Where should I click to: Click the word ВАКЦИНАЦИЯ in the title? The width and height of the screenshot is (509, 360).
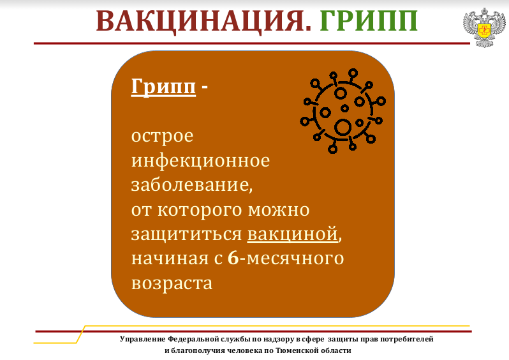(x=203, y=22)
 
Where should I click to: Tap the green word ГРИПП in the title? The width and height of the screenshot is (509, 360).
(x=369, y=21)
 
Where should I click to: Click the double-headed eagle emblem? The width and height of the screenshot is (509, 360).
(x=484, y=27)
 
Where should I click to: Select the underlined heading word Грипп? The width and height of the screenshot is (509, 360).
(x=163, y=87)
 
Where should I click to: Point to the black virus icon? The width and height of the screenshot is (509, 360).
(x=343, y=111)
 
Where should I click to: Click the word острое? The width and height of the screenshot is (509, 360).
(x=162, y=137)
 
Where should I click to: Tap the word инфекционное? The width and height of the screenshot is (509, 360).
(x=200, y=160)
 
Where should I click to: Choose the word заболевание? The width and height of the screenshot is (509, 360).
(x=191, y=184)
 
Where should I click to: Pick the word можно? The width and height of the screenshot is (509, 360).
(x=279, y=210)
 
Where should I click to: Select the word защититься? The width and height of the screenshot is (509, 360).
(x=187, y=234)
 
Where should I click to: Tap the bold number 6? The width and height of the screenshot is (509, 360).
(x=233, y=258)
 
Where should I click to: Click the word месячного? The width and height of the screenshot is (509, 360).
(x=295, y=259)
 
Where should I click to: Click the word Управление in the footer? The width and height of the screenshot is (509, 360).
(x=142, y=339)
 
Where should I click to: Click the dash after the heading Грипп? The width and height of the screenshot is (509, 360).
(x=205, y=87)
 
